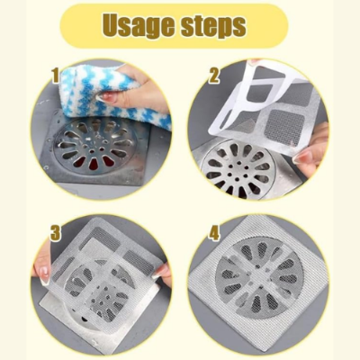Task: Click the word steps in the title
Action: (x=211, y=27)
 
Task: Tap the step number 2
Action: (x=215, y=76)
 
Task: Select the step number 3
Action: (x=55, y=233)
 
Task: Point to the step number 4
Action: (x=214, y=233)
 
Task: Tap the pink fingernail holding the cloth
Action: (x=110, y=96)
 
